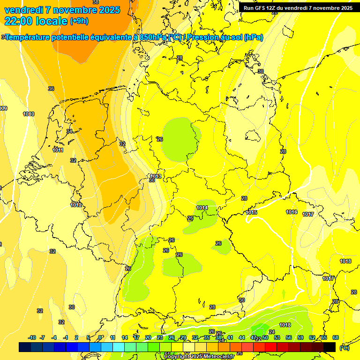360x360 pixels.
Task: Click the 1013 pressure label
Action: coord(156,176)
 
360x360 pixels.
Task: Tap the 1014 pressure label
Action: coord(202,208)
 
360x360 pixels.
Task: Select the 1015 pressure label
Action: coord(252,212)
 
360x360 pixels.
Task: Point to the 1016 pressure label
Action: coord(292,212)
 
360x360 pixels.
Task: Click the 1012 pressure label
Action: coord(76,205)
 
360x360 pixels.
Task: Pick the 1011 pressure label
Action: coord(58,150)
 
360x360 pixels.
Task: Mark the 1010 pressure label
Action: coord(29,114)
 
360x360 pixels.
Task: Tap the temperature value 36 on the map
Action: coord(51,89)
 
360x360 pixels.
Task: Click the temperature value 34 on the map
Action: coord(69,131)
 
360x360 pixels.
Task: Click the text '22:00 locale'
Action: coord(36,21)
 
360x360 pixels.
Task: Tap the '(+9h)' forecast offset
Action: coord(79,21)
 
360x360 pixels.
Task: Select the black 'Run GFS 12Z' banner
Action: coord(298,8)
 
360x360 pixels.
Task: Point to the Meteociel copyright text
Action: coord(199,357)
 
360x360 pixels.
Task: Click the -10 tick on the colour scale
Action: coord(32,337)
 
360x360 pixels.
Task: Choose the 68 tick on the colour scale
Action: coord(336,337)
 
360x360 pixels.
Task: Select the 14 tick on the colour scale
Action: coord(125,337)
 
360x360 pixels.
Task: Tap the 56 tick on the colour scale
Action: coord(289,337)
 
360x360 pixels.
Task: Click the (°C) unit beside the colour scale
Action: coord(344,347)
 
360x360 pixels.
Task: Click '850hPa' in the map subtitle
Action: coord(153,37)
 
